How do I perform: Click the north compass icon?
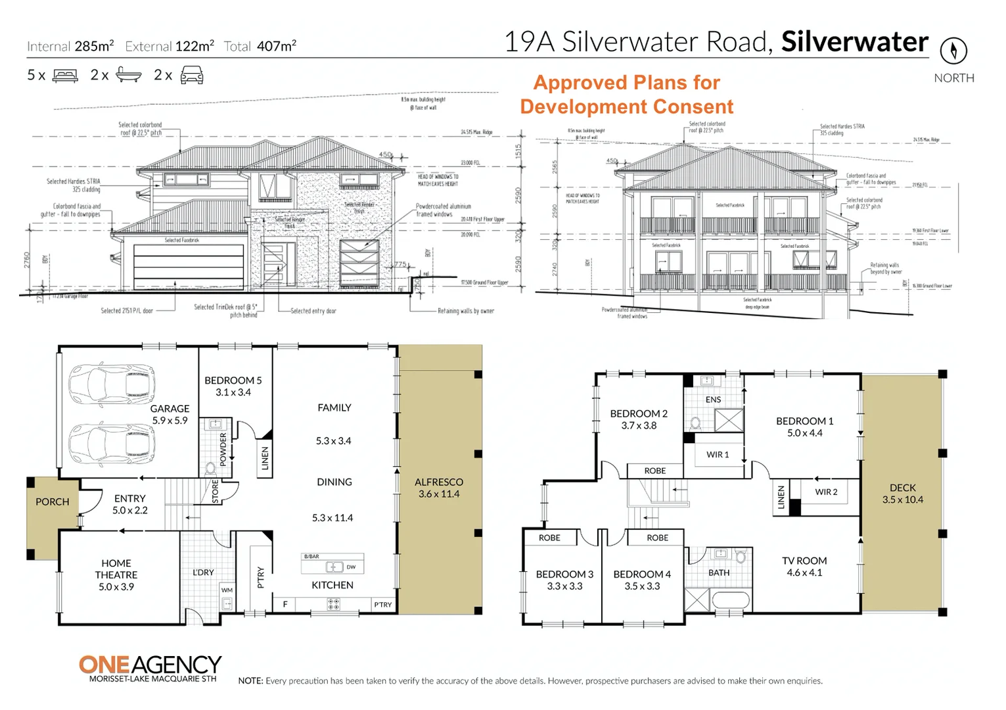[953, 50]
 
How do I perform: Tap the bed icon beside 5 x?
[65, 76]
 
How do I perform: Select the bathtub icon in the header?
[128, 75]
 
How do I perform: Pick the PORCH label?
[52, 502]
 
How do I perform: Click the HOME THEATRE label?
[116, 575]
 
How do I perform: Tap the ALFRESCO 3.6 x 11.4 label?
[439, 488]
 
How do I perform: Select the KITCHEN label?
[332, 585]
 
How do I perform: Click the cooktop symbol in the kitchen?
[333, 603]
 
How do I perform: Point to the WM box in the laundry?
[227, 590]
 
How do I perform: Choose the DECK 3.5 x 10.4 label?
[902, 494]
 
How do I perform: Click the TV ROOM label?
[804, 566]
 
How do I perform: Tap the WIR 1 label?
[718, 454]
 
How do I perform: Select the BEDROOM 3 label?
[564, 580]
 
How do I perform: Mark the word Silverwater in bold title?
[854, 41]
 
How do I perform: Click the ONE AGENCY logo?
[150, 668]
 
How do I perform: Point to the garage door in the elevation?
[189, 266]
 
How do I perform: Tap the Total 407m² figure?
[260, 46]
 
